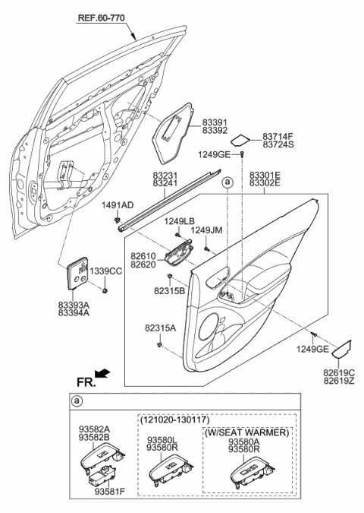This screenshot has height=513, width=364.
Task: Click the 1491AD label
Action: click(118, 205)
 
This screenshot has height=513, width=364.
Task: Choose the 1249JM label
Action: click(206, 230)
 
